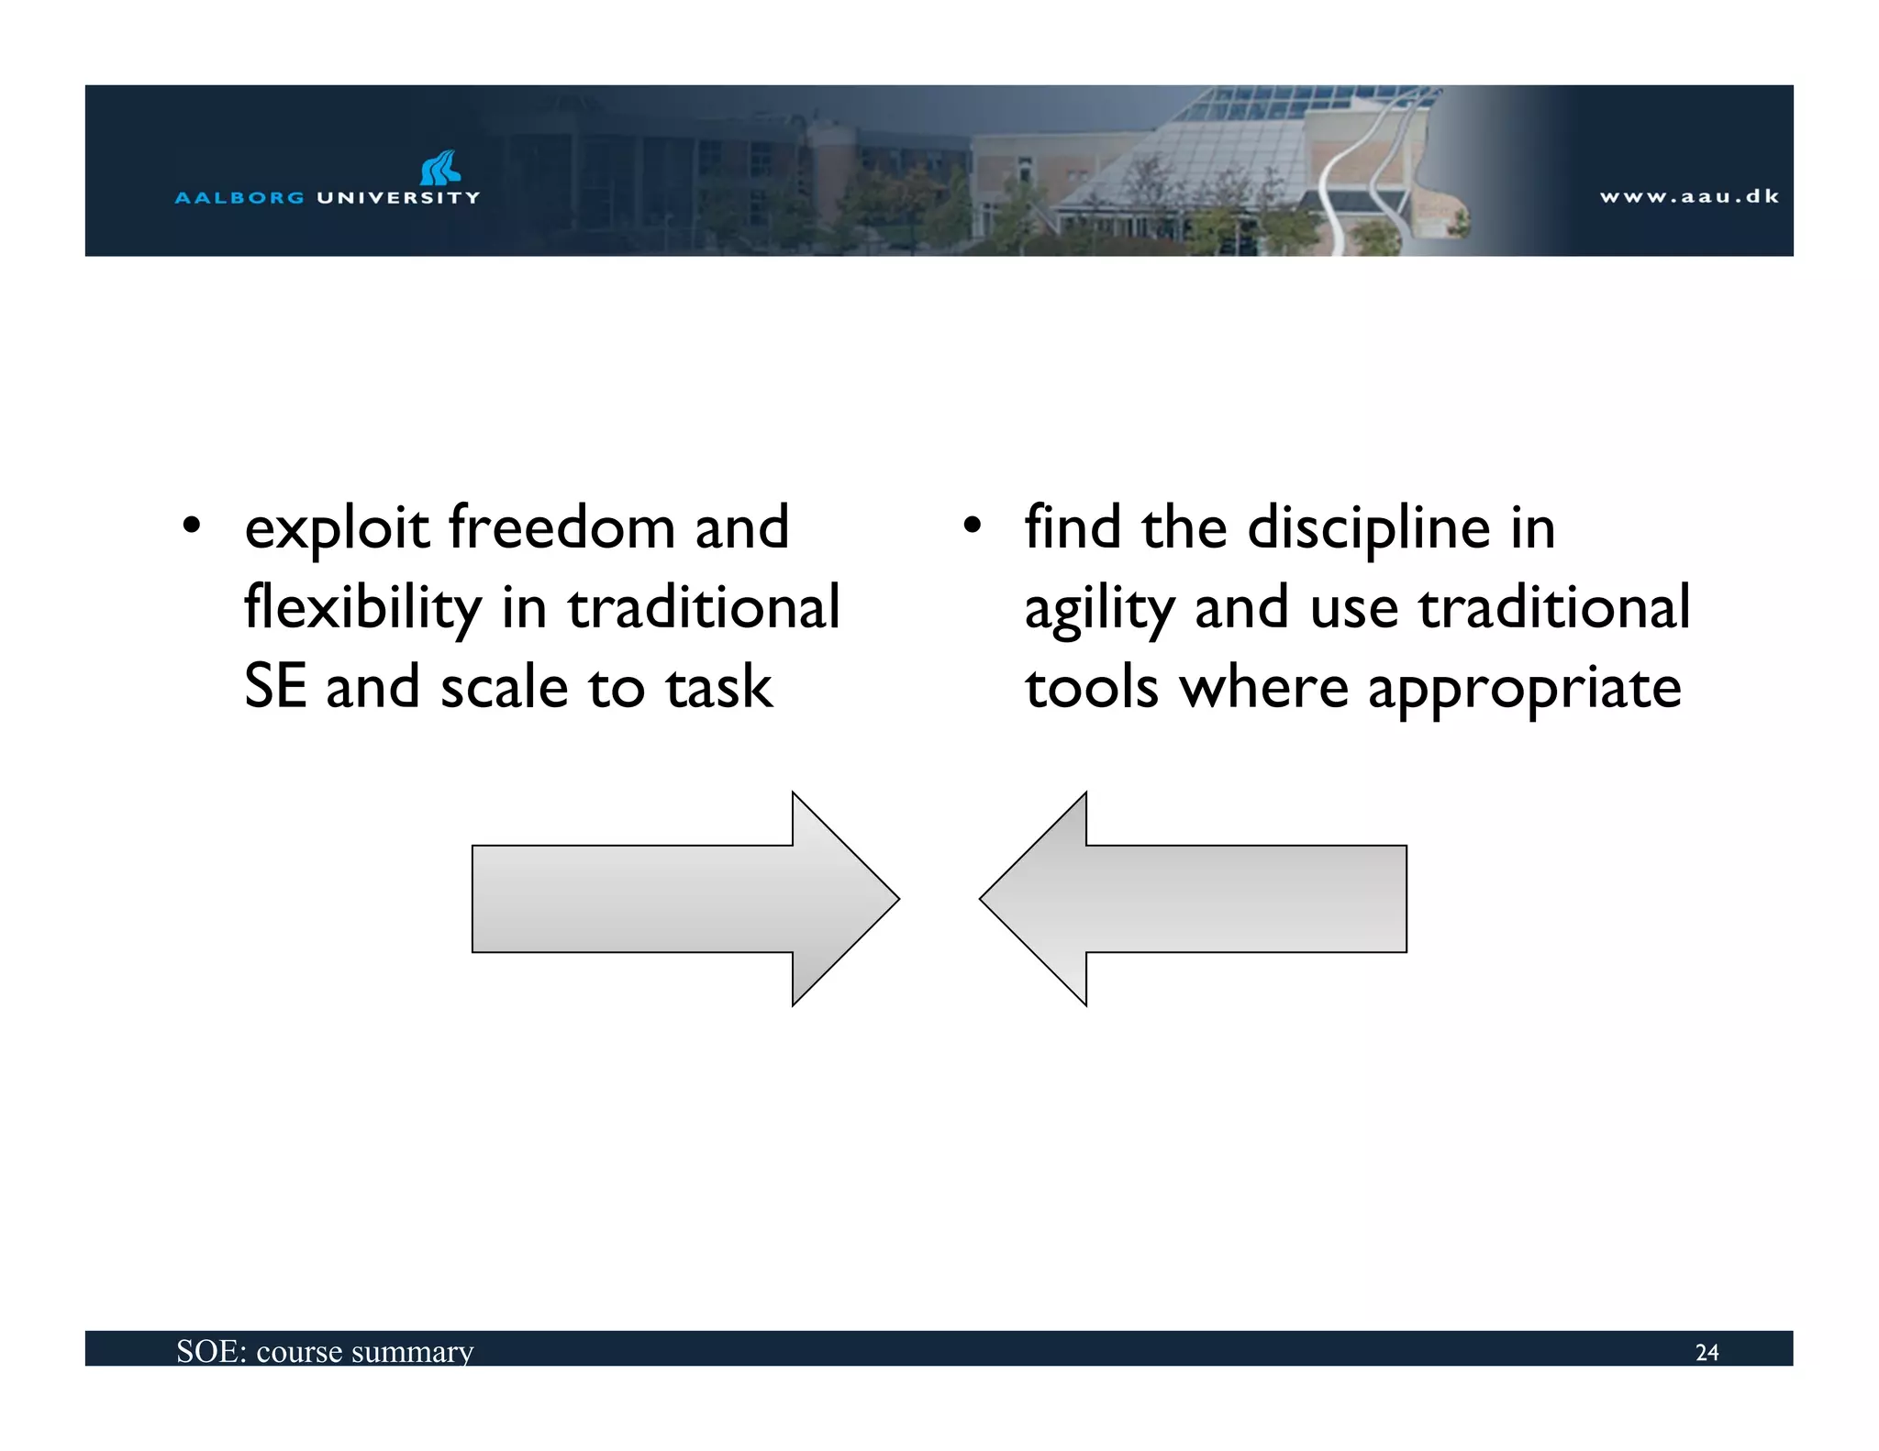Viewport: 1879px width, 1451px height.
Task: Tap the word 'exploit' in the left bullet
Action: coord(337,529)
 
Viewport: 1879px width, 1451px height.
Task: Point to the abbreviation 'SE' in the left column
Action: coord(274,687)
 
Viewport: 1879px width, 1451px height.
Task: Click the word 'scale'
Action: coord(504,688)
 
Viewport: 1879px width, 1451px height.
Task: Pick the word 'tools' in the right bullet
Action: coord(1091,688)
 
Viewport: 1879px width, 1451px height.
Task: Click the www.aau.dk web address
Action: coord(1689,196)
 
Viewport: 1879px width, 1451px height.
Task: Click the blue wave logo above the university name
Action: coord(440,169)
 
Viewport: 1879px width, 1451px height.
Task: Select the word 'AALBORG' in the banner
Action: coord(239,197)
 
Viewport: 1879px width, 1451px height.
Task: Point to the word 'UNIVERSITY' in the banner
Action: coord(398,197)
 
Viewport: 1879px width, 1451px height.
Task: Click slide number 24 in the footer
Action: coord(1707,1352)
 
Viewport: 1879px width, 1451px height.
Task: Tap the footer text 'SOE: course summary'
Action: coord(325,1351)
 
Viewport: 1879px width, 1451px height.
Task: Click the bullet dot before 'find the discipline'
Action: coord(972,526)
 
